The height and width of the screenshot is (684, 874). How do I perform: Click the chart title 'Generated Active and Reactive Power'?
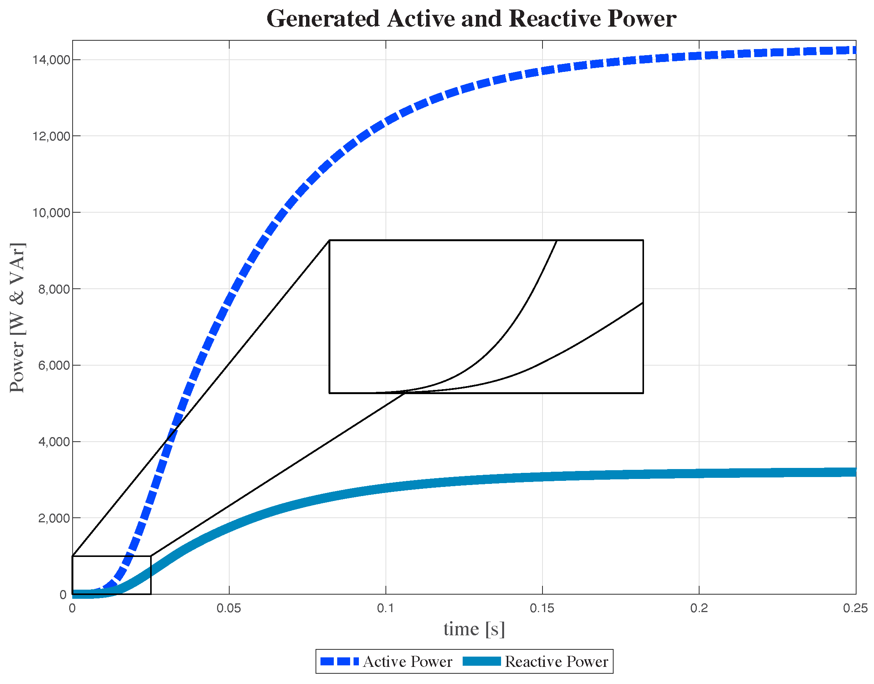(471, 19)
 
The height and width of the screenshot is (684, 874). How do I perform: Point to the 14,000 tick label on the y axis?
(51, 60)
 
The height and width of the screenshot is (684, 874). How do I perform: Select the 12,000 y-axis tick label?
(51, 136)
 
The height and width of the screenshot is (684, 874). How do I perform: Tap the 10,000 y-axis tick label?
(51, 213)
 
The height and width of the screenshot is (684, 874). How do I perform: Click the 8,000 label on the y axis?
(54, 289)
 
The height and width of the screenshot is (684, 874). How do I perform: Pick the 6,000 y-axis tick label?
(54, 366)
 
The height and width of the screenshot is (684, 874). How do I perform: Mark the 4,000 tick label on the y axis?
(54, 442)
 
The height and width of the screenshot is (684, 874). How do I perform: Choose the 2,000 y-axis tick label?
(54, 519)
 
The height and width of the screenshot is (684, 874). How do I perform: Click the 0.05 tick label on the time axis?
(229, 609)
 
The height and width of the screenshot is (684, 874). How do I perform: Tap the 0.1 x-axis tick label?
(385, 609)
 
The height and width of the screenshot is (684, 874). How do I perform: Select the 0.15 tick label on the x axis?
(542, 609)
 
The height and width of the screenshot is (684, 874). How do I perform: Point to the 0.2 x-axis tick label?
(699, 609)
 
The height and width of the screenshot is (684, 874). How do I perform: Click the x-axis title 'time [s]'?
(474, 630)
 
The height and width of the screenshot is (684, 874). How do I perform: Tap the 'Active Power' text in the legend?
(408, 662)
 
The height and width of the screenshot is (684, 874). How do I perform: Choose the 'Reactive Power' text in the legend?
(556, 662)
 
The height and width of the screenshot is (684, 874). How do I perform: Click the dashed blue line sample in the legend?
(339, 662)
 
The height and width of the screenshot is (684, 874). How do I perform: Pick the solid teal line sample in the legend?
(482, 662)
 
